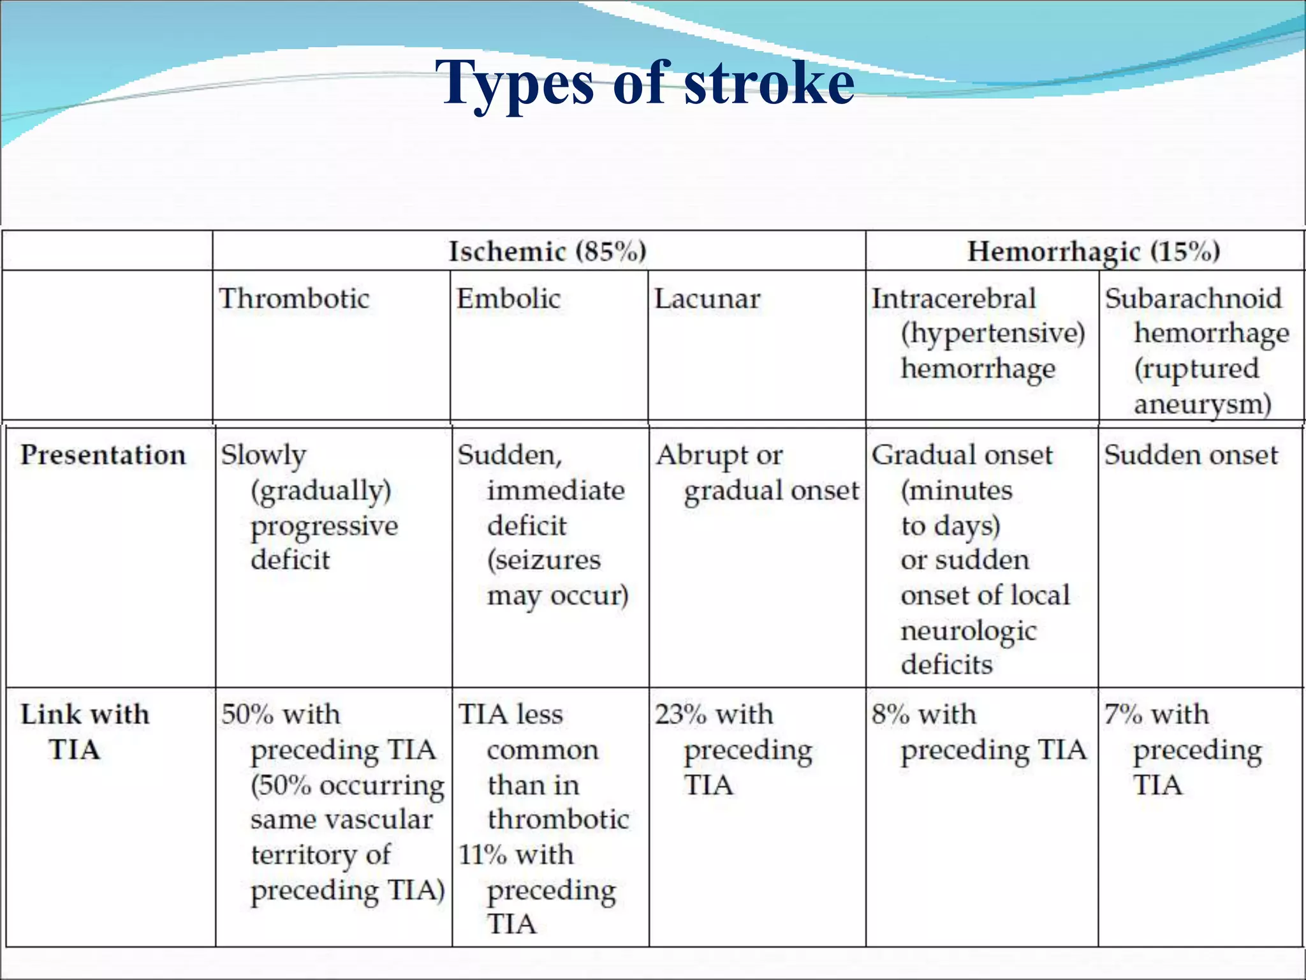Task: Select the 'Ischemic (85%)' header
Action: click(x=547, y=251)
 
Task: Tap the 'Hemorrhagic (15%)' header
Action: click(x=1093, y=251)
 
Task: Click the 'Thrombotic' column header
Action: click(x=294, y=299)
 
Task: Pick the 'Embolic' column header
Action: click(x=508, y=299)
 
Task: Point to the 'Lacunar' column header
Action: click(x=707, y=299)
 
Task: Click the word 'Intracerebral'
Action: click(x=953, y=299)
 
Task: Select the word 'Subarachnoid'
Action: click(x=1192, y=299)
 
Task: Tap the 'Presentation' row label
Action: click(x=103, y=455)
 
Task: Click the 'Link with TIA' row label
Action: click(x=85, y=731)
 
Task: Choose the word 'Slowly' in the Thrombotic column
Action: click(x=263, y=456)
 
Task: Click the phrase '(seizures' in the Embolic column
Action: click(x=544, y=560)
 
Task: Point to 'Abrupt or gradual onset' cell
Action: click(x=758, y=473)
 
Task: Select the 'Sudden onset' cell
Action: click(x=1191, y=455)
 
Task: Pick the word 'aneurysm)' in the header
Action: click(x=1202, y=405)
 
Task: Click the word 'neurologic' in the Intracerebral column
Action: click(x=969, y=631)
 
